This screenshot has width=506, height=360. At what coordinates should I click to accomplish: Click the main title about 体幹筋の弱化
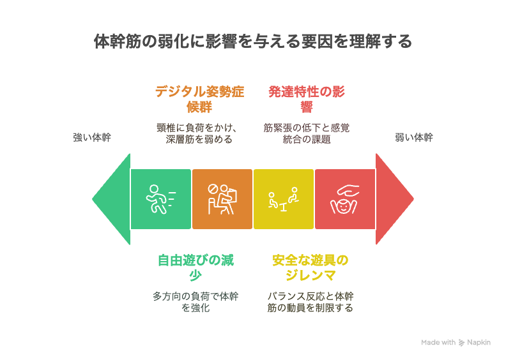pos(252,41)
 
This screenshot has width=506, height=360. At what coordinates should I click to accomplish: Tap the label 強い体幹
pos(92,138)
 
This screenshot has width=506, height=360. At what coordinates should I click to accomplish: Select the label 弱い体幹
pos(414,138)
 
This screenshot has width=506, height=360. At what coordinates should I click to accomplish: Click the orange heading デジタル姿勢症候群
pos(199,100)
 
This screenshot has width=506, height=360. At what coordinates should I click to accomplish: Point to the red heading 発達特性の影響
pos(307,100)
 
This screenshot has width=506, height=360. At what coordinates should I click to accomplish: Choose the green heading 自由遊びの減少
pos(195,268)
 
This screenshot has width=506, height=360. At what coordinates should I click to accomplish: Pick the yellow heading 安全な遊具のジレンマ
pos(310,268)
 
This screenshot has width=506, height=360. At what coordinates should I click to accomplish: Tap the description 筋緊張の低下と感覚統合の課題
pos(307,133)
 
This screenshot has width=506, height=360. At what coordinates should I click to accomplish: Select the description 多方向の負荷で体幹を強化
pos(195,302)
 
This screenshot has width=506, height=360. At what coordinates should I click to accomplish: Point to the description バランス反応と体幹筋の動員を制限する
pos(310,302)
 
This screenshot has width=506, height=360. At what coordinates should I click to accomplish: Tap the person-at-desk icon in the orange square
pos(222,199)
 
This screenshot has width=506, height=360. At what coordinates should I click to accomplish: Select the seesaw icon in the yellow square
pos(283,200)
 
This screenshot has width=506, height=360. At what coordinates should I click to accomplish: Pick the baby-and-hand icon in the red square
pos(344,199)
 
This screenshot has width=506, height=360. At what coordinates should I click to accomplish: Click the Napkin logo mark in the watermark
pos(462,343)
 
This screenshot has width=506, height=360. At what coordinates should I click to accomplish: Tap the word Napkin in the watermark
pos(479,343)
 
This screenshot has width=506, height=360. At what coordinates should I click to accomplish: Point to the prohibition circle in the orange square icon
pos(213,189)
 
